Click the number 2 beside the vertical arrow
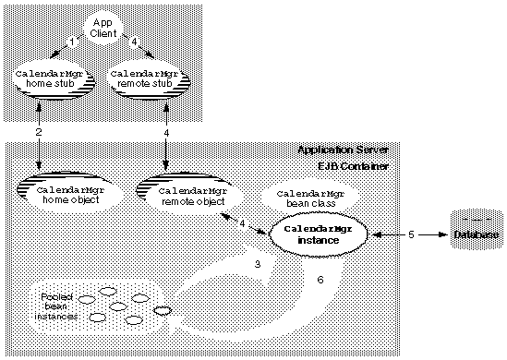[39, 134]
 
